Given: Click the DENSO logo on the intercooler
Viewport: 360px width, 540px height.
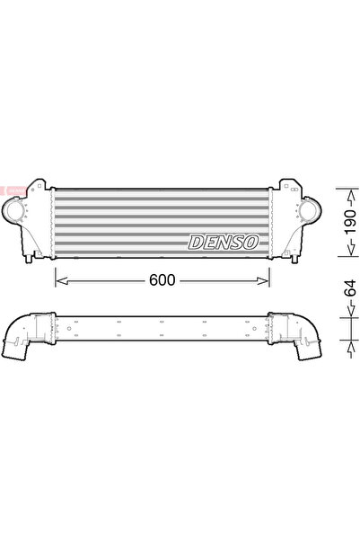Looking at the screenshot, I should click(224, 241).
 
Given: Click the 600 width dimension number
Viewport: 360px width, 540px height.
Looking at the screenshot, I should click(162, 280).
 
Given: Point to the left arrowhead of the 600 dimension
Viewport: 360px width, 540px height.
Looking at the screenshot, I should click(60, 280).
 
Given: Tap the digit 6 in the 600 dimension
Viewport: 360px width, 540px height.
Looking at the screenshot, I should click(152, 280).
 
